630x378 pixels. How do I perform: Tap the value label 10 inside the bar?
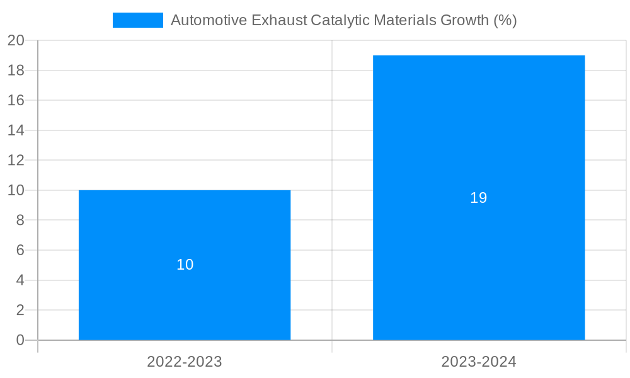pos(185,265)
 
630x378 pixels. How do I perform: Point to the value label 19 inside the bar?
pos(479,198)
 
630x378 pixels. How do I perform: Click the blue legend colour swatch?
pos(137,20)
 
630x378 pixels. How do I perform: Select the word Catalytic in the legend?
pos(340,20)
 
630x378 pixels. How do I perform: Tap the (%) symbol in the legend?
pos(505,20)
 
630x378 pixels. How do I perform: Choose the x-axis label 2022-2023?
pos(185,362)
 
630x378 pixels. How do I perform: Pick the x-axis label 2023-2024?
pos(479,362)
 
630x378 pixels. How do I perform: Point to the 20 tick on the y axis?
pos(16,40)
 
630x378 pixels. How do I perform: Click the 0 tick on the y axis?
pos(20,340)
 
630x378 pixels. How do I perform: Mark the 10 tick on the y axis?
pos(16,190)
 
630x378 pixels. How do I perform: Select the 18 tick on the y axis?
pos(16,71)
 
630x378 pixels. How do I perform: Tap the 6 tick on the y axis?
pos(20,250)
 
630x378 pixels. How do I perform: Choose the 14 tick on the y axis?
pos(16,130)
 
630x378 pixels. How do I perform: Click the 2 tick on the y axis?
pos(20,310)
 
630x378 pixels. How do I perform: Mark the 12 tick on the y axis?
pos(16,160)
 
